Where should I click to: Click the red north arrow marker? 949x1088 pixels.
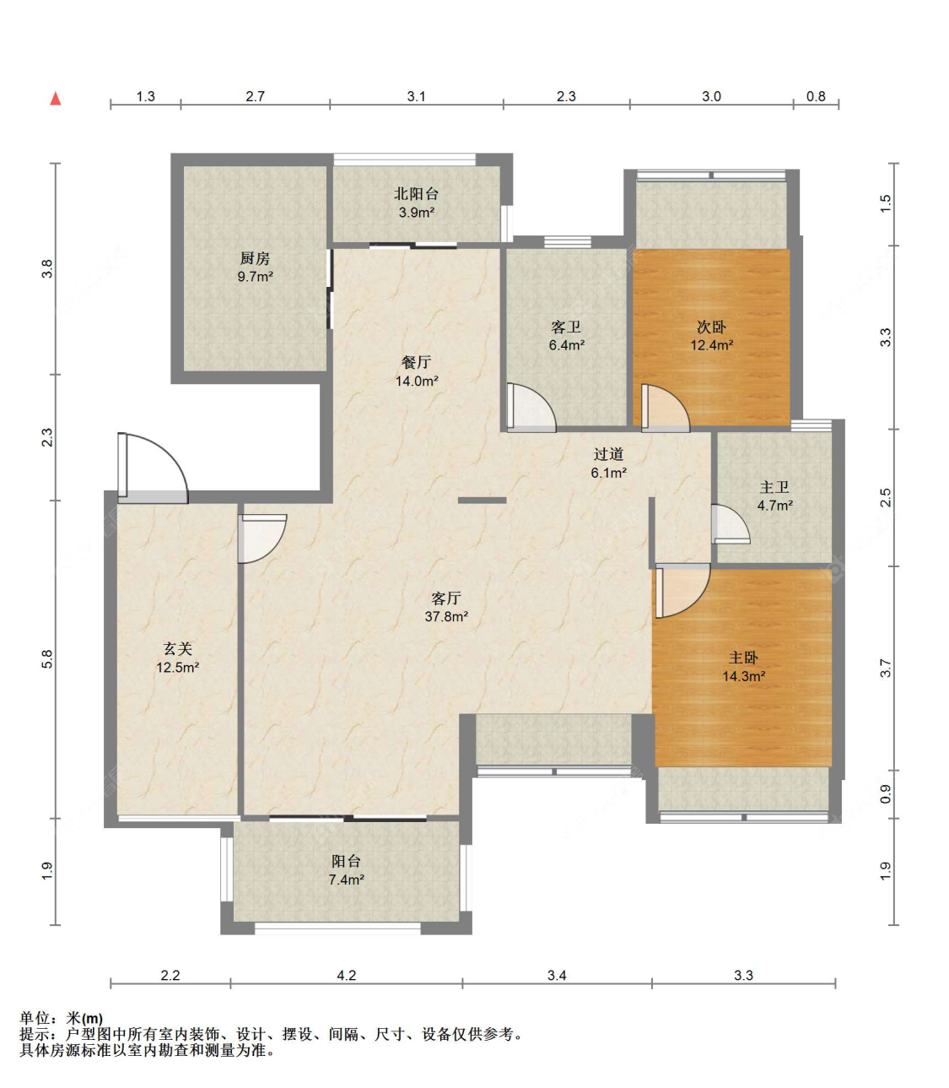coord(56,99)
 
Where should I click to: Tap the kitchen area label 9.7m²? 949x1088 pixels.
coord(255,277)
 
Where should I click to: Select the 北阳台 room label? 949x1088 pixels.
coord(416,194)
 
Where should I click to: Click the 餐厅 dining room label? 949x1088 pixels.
coord(416,363)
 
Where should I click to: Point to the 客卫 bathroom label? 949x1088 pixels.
coord(566,327)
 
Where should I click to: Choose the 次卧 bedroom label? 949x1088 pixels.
coord(711,327)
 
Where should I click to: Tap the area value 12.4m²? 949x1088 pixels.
coord(712,345)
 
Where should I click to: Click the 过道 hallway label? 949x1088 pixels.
coord(608,454)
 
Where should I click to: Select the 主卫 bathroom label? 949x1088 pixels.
coord(774,487)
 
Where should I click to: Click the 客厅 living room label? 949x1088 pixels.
coord(445,598)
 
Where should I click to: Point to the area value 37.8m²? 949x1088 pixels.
coord(446,617)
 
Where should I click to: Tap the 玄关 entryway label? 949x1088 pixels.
coord(177,649)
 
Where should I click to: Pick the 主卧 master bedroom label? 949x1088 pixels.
coord(743,658)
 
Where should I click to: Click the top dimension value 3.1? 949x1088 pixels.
coord(417,96)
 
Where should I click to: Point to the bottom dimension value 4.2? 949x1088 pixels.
coord(347,975)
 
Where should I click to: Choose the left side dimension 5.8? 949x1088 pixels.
coord(46,659)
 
